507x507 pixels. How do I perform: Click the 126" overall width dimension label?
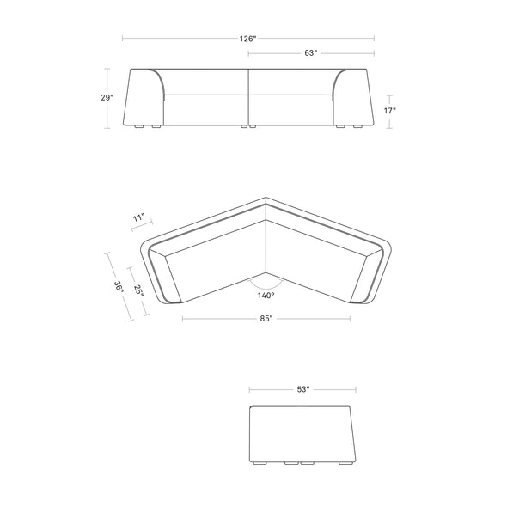247,39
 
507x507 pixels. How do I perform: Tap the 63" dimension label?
311,52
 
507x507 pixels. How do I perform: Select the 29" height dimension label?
107,97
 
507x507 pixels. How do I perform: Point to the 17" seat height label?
389,111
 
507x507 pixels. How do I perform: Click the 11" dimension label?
139,217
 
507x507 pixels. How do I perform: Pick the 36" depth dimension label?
119,287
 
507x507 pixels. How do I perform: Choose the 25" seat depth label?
138,290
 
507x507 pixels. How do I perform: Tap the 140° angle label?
266,296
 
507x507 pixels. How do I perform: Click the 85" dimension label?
266,319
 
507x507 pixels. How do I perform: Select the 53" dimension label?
303,389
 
